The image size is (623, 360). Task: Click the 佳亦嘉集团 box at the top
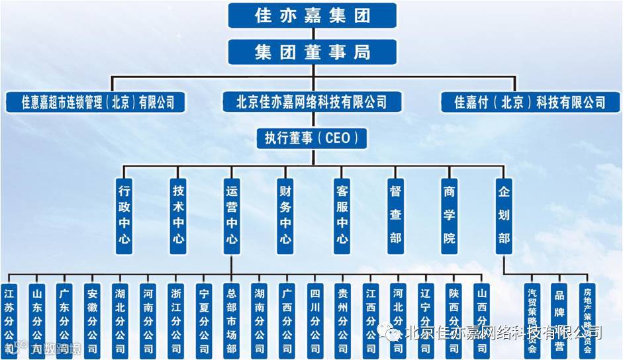pos(312,15)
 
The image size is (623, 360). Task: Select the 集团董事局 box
pos(312,52)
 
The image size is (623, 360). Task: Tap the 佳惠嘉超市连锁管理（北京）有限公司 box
pos(96,102)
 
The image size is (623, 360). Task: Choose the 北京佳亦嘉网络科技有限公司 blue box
pos(312,102)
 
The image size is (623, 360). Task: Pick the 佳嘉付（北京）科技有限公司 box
pos(530,102)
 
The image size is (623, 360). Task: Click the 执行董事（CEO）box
pos(312,138)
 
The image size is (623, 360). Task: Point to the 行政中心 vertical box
pos(124,215)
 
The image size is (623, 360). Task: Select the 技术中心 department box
pos(179,215)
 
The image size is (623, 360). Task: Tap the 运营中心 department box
pos(231,215)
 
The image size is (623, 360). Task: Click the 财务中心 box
pos(285,215)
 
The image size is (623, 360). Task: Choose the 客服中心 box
pos(342,215)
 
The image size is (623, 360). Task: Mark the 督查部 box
pos(396,215)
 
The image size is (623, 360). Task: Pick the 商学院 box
pos(450,215)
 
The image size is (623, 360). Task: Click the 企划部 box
pos(504,215)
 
